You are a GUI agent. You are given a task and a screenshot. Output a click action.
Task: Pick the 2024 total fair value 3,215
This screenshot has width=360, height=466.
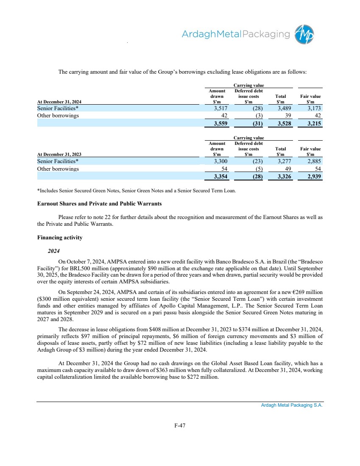(x=312, y=124)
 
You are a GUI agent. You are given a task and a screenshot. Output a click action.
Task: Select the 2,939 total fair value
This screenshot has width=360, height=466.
(x=312, y=177)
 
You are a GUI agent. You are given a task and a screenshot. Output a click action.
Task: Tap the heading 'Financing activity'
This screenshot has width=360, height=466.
(x=60, y=238)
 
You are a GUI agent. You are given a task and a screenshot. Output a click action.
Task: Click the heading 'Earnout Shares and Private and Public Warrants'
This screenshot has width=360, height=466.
(x=100, y=203)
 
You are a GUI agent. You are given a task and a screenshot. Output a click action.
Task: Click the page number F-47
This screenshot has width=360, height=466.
(x=180, y=426)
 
